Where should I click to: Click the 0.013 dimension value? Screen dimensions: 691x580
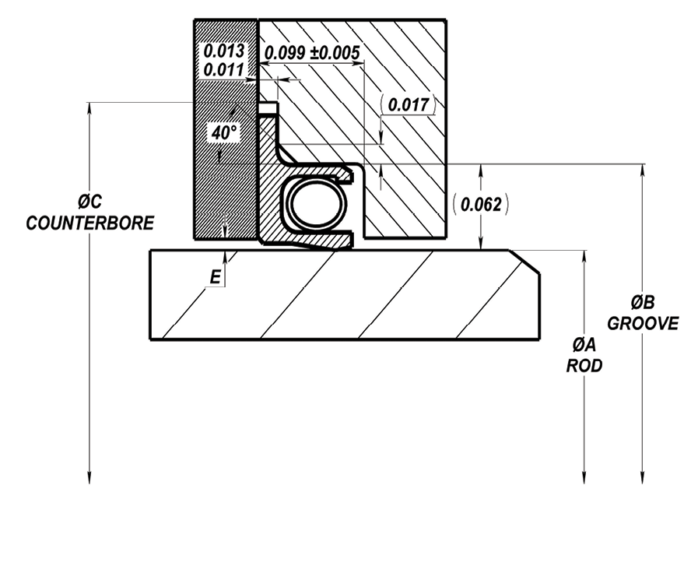tap(223, 51)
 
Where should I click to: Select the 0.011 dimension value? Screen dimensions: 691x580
tap(223, 70)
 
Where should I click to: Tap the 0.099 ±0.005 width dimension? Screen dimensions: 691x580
tap(312, 53)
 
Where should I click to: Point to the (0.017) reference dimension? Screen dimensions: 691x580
tap(408, 105)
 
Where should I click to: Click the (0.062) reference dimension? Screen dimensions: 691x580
tap(481, 204)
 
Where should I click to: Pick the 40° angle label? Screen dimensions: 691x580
tap(224, 132)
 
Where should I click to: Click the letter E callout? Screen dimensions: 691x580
tap(215, 277)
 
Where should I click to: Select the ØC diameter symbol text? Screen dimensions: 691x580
tap(90, 201)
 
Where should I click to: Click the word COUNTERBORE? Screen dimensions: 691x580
tap(90, 223)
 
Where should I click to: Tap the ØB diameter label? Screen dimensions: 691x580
tap(643, 302)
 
